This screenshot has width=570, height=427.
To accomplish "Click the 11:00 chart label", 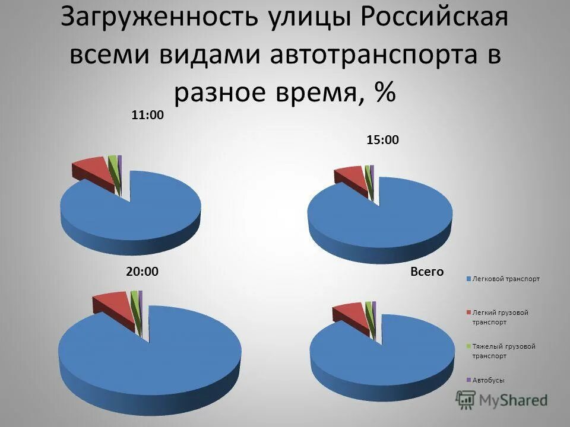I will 147,116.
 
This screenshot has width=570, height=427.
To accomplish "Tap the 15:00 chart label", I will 382,141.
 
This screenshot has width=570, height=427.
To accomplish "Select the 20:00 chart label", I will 142,272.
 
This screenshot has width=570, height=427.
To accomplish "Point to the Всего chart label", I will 427,272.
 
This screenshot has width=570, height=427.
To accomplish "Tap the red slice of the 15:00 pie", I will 350,176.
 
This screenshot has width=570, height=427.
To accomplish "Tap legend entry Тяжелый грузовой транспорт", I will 501,351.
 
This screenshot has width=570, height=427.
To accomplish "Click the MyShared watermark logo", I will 502,400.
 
